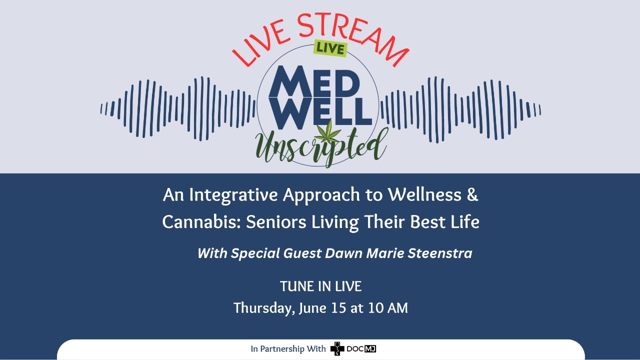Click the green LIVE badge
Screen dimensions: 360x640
pyautogui.click(x=330, y=48)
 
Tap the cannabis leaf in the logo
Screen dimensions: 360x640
pyautogui.click(x=329, y=131)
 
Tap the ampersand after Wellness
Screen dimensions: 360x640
pyautogui.click(x=472, y=194)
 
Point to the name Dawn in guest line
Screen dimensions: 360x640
pyautogui.click(x=343, y=253)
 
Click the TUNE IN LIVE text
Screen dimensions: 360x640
pyautogui.click(x=320, y=286)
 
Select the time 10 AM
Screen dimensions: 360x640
pyautogui.click(x=387, y=308)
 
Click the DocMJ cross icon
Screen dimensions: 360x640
pyautogui.click(x=337, y=349)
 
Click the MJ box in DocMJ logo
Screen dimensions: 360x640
pyautogui.click(x=370, y=348)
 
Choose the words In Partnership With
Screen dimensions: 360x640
pyautogui.click(x=288, y=349)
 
